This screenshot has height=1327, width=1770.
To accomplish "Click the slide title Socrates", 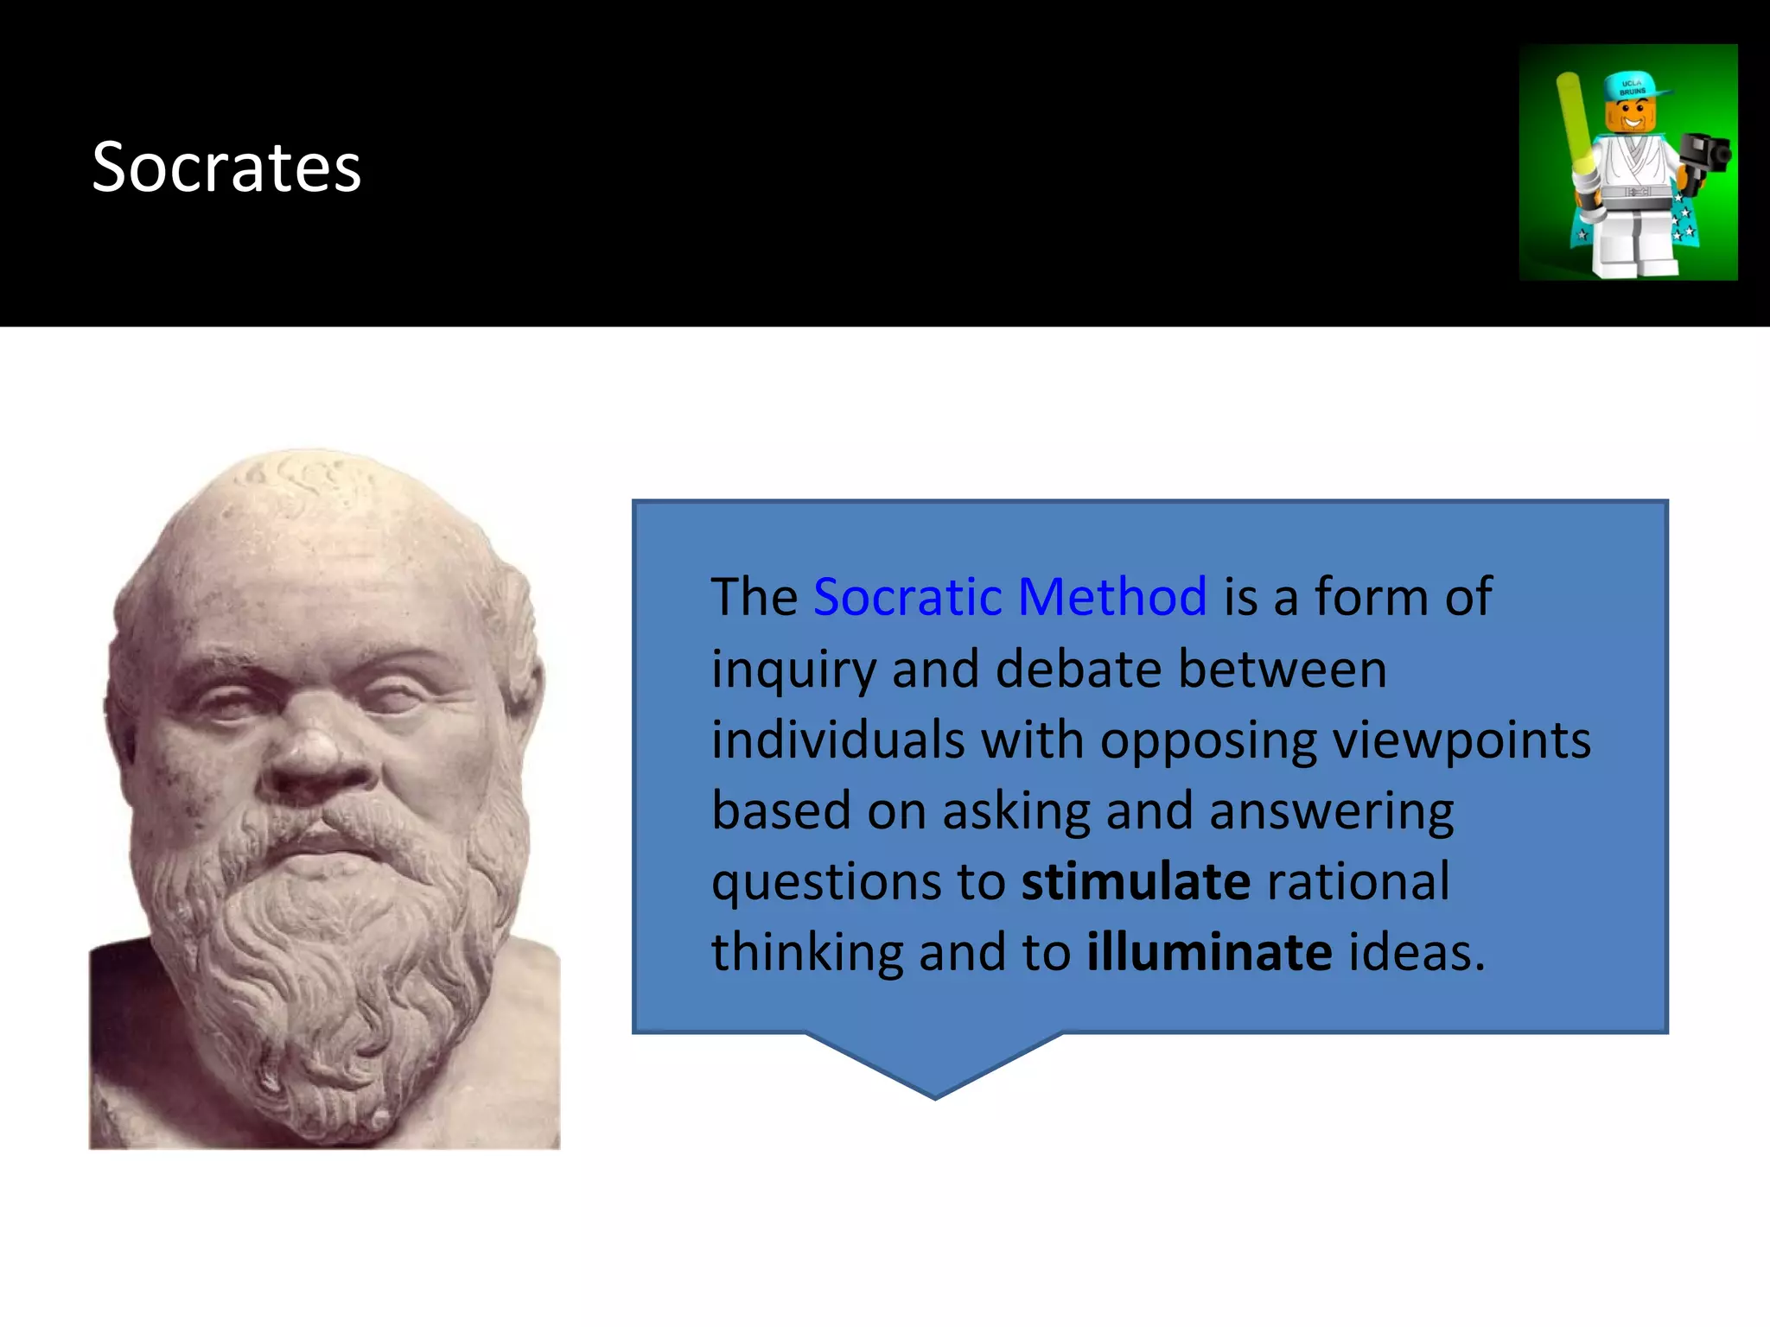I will point(226,167).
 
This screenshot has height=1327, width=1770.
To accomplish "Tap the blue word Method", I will point(1111,597).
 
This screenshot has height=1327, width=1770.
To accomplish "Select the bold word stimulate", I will point(1136,882).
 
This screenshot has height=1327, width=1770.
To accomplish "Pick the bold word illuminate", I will point(1209,953).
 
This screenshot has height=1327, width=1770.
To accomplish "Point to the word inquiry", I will point(793,671).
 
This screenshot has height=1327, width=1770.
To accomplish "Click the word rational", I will point(1358,882).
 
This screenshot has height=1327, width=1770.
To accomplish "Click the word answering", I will point(1331,813).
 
